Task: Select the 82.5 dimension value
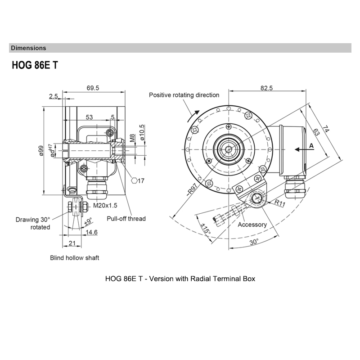click(x=266, y=88)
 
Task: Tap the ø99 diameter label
click(x=40, y=150)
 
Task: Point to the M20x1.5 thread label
click(x=105, y=206)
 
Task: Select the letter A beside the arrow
click(x=311, y=146)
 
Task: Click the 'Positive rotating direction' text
click(x=184, y=95)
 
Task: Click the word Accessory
click(x=252, y=225)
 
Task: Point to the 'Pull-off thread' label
click(x=126, y=219)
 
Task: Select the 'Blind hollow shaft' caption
click(x=74, y=258)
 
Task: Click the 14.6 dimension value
click(x=92, y=232)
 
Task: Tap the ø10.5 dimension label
click(x=142, y=132)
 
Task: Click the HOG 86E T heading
click(x=35, y=65)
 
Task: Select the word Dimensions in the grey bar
click(x=28, y=48)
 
